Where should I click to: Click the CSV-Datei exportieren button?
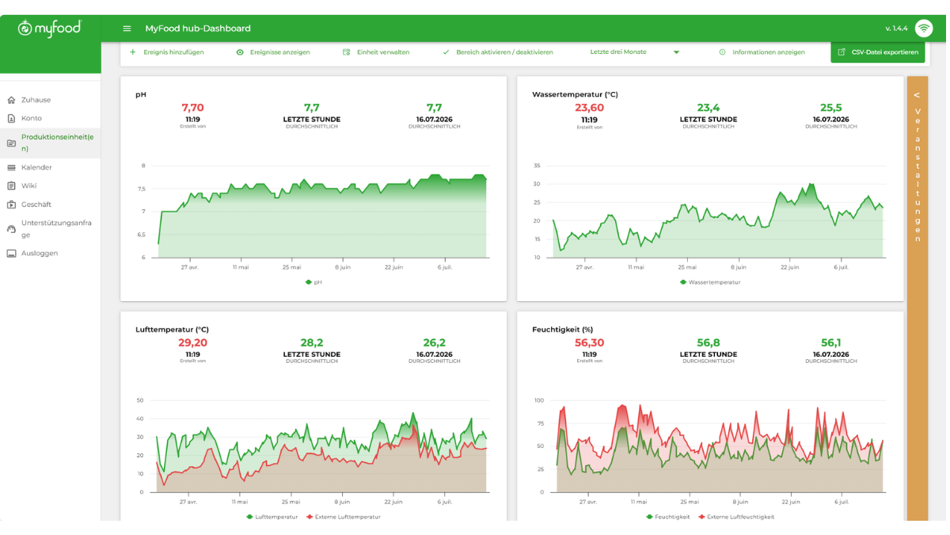(x=877, y=52)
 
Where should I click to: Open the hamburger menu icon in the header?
(x=127, y=29)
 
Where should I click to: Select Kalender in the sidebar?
(x=36, y=167)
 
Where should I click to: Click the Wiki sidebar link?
(x=28, y=185)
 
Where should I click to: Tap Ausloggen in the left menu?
(x=40, y=253)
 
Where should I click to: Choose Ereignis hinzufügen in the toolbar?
(x=173, y=52)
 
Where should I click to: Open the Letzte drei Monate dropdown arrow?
(x=676, y=52)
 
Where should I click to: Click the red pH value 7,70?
(x=192, y=108)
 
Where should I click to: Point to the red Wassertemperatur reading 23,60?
(x=589, y=108)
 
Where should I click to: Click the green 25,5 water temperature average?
(x=830, y=108)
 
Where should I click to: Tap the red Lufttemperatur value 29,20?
(x=192, y=342)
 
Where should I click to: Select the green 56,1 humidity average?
(x=830, y=342)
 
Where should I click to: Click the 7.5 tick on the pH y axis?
(x=141, y=189)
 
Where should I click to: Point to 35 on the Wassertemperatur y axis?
(x=537, y=166)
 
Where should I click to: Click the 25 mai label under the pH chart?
(x=292, y=267)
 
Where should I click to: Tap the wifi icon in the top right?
(x=924, y=29)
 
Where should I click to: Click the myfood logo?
(x=50, y=29)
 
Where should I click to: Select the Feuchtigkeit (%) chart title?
(x=562, y=330)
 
